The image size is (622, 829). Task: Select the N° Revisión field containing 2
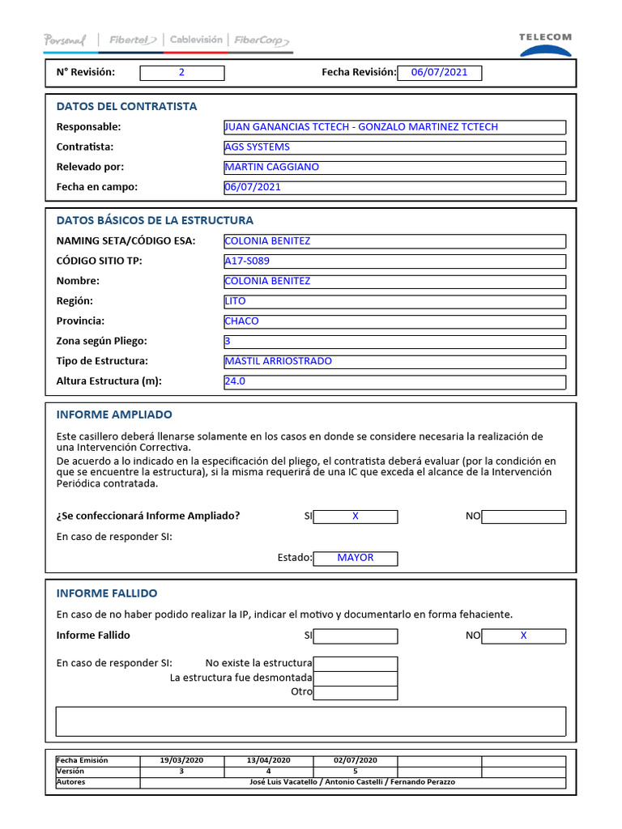[x=181, y=73]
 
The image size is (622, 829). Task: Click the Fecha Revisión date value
[x=439, y=73]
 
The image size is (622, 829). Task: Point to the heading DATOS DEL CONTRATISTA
[x=126, y=106]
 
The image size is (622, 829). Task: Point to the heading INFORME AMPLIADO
[x=114, y=414]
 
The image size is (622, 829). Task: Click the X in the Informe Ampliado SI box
[x=355, y=517]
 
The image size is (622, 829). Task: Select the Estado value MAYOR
[x=355, y=558]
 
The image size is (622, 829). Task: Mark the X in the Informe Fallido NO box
[x=523, y=636]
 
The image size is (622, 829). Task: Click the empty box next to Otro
[x=355, y=693]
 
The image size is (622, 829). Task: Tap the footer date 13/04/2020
[x=267, y=761]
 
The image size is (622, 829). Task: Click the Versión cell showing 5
[x=355, y=772]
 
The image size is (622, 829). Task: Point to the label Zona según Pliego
[x=102, y=342]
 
